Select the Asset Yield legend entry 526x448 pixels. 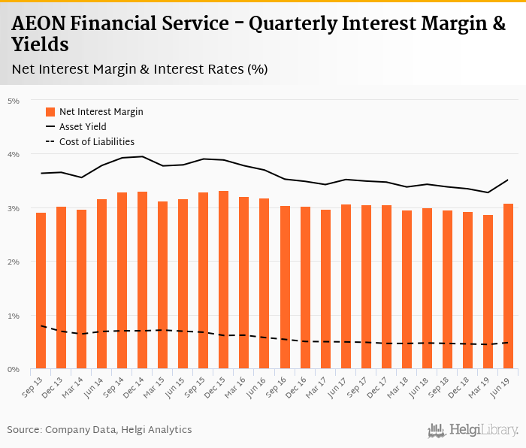pos(83,126)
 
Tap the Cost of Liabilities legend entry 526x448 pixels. pos(96,141)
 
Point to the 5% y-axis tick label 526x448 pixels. pos(13,100)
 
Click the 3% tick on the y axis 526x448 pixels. pos(13,208)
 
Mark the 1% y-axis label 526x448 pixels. pos(13,316)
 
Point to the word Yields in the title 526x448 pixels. pos(41,45)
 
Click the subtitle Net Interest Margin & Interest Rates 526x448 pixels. pos(140,69)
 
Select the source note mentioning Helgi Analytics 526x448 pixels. pos(99,429)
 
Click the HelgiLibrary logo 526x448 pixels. pos(473,430)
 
